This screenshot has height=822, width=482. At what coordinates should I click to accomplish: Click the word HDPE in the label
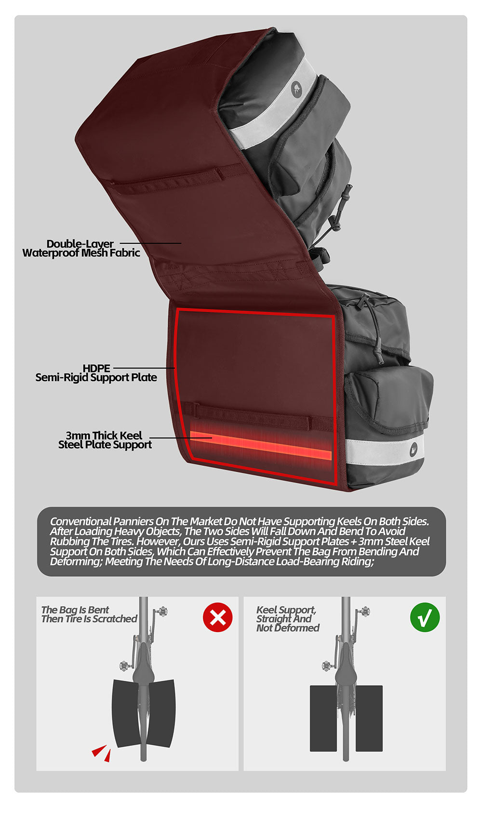[x=96, y=368]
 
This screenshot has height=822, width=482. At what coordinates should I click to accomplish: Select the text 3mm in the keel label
[x=78, y=435]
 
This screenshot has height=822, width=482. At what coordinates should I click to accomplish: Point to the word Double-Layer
[x=80, y=244]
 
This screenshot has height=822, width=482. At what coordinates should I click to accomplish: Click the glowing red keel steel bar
[x=261, y=445]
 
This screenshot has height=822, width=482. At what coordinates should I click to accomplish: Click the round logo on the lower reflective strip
[x=415, y=449]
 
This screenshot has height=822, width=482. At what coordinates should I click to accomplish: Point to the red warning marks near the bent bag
[x=101, y=753]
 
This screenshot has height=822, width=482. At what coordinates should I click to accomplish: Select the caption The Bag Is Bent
[x=75, y=610]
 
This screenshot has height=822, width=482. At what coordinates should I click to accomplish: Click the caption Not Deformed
[x=288, y=628]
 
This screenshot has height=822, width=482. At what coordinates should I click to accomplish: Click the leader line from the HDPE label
[x=144, y=368]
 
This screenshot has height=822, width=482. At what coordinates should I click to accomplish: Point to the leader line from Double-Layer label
[x=150, y=243]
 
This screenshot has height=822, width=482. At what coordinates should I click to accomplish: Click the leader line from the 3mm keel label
[x=181, y=438]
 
